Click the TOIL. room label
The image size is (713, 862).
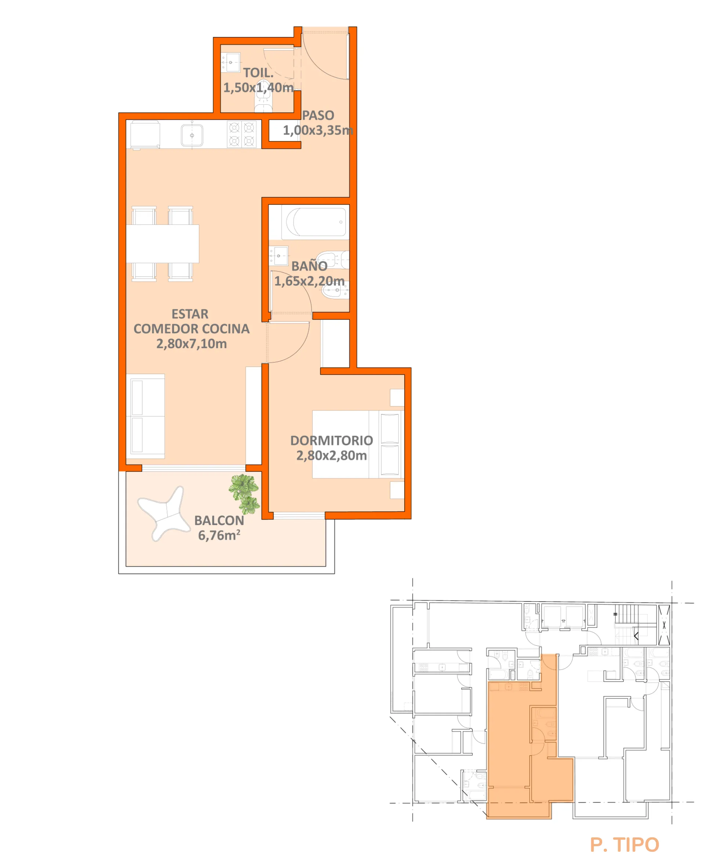[x=258, y=73]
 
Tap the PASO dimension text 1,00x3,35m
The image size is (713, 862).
[x=318, y=130]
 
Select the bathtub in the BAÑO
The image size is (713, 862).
[x=316, y=222]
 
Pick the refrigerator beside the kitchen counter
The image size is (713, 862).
[x=145, y=134]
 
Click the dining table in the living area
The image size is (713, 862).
[x=163, y=243]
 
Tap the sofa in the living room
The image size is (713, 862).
[x=145, y=416]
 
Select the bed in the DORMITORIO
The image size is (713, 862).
[x=358, y=444]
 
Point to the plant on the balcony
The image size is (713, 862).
[x=245, y=494]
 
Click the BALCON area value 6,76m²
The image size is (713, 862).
[x=219, y=535]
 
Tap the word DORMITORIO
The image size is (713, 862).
[x=331, y=441]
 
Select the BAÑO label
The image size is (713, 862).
[x=309, y=266]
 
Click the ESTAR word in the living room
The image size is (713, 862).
[x=190, y=314]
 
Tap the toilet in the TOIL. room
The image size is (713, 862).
[x=263, y=97]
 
